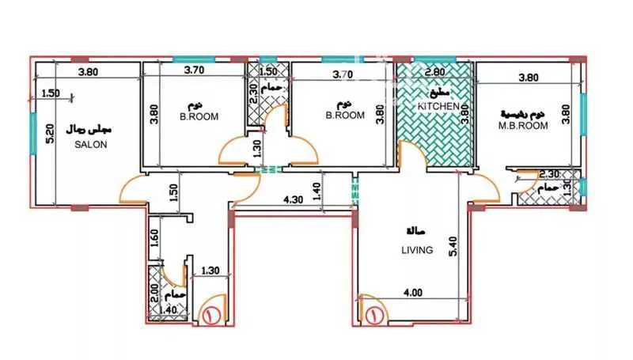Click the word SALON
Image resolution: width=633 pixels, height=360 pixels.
tap(91, 145)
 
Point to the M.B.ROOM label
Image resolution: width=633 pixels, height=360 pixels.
tap(523, 125)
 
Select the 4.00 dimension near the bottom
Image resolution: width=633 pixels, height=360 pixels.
tap(412, 292)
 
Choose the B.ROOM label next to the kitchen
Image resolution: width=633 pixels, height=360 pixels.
tap(345, 115)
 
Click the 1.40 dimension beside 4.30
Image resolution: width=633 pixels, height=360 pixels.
tap(317, 190)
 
